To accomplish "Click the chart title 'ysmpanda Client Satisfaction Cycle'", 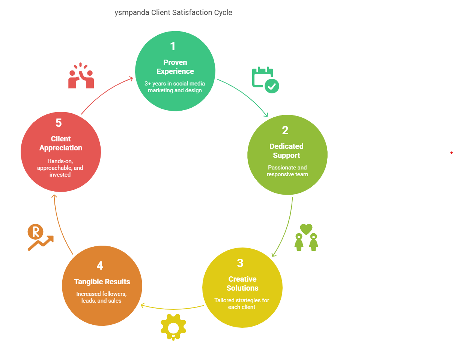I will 173,13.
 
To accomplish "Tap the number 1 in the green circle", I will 173,46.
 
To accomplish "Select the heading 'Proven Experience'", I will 175,67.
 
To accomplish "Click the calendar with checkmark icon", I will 265,79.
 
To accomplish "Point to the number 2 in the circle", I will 285,130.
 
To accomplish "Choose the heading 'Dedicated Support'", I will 286,151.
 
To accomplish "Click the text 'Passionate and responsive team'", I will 287,171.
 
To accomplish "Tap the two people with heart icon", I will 306,237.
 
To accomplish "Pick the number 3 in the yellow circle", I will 240,263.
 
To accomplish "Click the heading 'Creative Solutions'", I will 242,283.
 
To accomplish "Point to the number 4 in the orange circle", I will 100,266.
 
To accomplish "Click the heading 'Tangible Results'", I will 102,282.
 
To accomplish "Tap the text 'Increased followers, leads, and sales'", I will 101,297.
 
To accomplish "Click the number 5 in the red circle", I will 59,123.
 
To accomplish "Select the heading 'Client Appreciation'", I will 61,143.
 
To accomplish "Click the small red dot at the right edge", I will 451,153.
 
